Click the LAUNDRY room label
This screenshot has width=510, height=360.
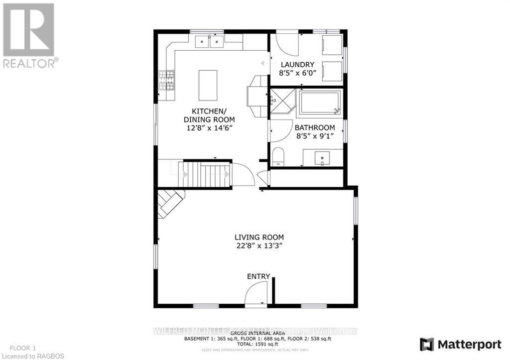(x=297, y=64)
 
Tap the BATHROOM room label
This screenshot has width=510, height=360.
(x=314, y=128)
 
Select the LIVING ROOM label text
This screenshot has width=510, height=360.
(x=259, y=237)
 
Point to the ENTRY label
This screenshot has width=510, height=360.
(x=258, y=276)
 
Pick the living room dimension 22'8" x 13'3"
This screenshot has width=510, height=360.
(x=259, y=245)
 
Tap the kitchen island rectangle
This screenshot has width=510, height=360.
(x=208, y=85)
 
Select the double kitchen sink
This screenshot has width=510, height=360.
(x=209, y=42)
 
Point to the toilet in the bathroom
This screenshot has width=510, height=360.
(x=278, y=157)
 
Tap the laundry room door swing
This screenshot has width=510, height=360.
(x=287, y=44)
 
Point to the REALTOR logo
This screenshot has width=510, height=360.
(x=29, y=35)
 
